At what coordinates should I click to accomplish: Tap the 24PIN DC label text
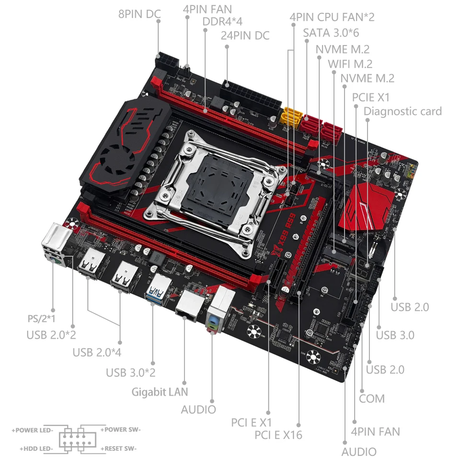click(x=245, y=35)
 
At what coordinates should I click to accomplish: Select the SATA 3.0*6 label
click(x=331, y=33)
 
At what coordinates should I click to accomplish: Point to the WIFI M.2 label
click(x=350, y=64)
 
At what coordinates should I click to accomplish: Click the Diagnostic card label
click(x=402, y=111)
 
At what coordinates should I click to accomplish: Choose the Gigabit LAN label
click(x=160, y=391)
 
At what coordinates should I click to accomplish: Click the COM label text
click(x=371, y=399)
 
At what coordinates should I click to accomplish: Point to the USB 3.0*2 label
click(x=130, y=372)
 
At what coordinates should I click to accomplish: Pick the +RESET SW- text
click(x=118, y=449)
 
